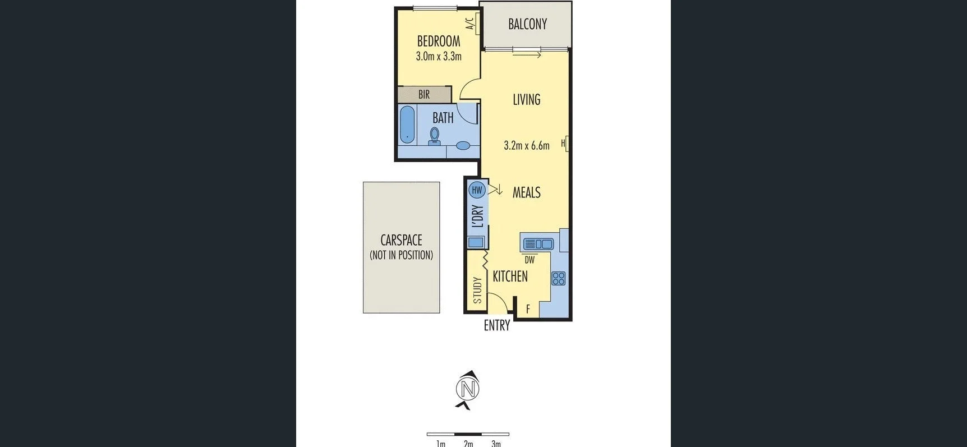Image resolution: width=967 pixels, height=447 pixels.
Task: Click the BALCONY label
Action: pyautogui.click(x=527, y=24)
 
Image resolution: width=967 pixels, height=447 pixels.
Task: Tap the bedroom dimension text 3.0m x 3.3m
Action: pyautogui.click(x=439, y=56)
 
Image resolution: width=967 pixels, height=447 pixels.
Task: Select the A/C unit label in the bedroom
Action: pyautogui.click(x=470, y=24)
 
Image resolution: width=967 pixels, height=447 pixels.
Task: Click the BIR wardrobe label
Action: pyautogui.click(x=424, y=95)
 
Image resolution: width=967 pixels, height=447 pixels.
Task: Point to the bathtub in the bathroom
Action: pyautogui.click(x=407, y=124)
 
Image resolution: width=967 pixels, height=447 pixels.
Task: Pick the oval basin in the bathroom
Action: pyautogui.click(x=463, y=146)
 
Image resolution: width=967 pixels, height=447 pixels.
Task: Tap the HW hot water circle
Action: pyautogui.click(x=477, y=190)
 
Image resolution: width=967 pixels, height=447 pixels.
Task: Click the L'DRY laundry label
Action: pyautogui.click(x=478, y=216)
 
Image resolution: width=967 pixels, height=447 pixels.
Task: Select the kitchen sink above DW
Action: pyautogui.click(x=538, y=244)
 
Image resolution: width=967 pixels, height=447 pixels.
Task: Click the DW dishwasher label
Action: pyautogui.click(x=529, y=260)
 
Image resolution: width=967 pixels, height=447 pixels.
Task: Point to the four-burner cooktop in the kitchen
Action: pyautogui.click(x=558, y=278)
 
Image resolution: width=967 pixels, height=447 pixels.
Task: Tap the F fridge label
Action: pyautogui.click(x=528, y=309)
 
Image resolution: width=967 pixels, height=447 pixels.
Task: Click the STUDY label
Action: pyautogui.click(x=477, y=290)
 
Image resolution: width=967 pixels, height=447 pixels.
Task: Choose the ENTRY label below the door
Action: pyautogui.click(x=497, y=325)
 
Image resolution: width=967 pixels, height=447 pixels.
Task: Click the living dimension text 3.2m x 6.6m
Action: pyautogui.click(x=526, y=146)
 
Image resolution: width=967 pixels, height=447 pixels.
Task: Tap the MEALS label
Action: pyautogui.click(x=526, y=192)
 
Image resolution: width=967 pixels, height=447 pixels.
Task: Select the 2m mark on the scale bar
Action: pyautogui.click(x=468, y=444)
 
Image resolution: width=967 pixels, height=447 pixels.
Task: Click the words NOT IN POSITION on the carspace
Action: pyautogui.click(x=401, y=255)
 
